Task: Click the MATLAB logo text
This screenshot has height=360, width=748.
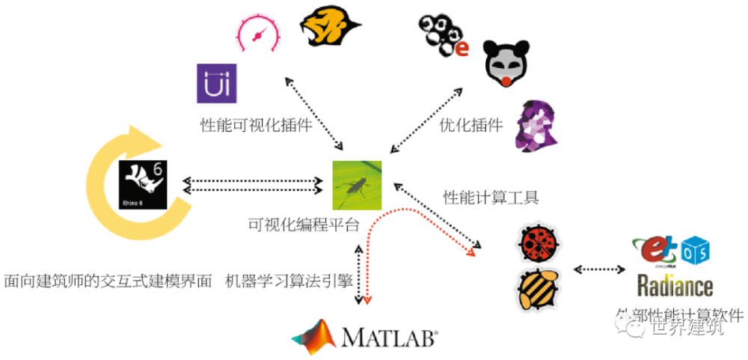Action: (389, 337)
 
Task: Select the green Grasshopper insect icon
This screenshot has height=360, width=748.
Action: (357, 185)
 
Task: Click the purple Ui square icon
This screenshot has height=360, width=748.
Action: (217, 83)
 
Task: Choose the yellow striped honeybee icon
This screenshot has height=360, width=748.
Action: (539, 290)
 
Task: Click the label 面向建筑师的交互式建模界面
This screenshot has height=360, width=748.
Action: (108, 280)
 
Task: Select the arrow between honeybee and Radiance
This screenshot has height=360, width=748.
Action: (599, 268)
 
